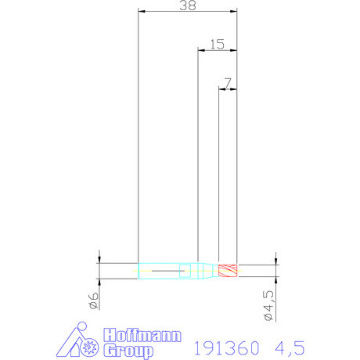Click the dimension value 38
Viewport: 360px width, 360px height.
[188, 5]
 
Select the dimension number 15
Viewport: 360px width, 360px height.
[218, 45]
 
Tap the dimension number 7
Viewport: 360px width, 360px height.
[228, 83]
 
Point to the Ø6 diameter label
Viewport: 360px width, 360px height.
[94, 301]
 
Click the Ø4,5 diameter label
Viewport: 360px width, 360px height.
[268, 305]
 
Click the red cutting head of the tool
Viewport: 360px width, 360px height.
[228, 271]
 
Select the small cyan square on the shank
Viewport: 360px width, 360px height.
[185, 271]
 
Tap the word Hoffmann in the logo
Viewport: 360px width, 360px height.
[142, 335]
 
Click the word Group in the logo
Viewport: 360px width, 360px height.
[128, 351]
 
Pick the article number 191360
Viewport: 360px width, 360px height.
[227, 347]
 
